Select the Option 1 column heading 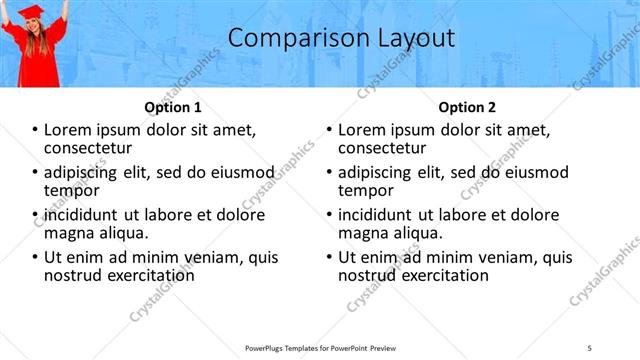pos(173,107)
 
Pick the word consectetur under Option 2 pos(384,148)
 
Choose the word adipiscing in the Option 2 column pos(377,172)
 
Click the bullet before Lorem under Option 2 pos(329,130)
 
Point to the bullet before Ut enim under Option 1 pos(35,257)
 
